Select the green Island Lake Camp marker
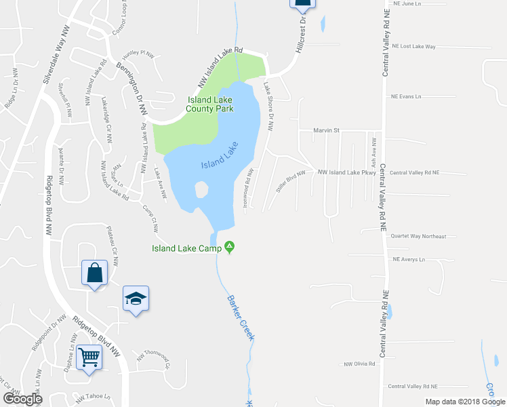point(230,246)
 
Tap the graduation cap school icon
point(136,298)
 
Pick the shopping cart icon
point(89,355)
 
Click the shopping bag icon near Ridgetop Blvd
point(95,273)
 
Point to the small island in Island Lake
point(201,190)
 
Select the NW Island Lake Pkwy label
point(346,172)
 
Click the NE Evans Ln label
point(406,96)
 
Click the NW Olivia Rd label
point(359,364)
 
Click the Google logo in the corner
point(22,399)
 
